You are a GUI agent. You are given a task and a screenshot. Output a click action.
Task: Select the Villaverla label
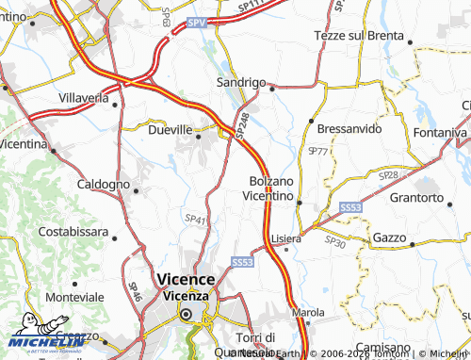tap(84, 97)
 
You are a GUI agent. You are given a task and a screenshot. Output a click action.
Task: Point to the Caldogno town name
tap(103, 184)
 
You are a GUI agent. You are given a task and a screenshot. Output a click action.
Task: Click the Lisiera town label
tap(286, 238)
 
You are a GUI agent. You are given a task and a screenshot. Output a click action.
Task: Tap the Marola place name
tap(308, 312)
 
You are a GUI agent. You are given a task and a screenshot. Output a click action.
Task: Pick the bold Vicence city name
tap(186, 279)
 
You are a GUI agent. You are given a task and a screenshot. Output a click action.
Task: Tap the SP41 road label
tap(195, 219)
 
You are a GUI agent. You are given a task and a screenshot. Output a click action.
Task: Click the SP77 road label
tap(317, 151)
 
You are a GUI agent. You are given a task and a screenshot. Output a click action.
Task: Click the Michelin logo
tap(36, 341)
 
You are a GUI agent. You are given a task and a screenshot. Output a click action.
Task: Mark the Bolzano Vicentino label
tap(273, 188)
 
